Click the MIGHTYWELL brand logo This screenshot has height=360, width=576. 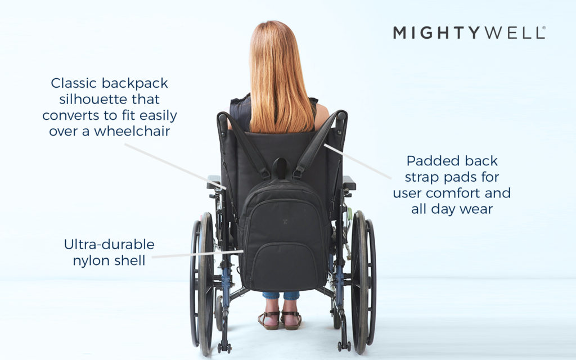tap(469, 33)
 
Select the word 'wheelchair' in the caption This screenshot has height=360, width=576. tap(132, 131)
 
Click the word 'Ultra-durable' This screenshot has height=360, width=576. tap(109, 244)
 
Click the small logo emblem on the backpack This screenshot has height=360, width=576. tap(285, 222)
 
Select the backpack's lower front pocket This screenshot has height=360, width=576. tap(283, 265)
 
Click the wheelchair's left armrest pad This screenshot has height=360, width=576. tap(213, 182)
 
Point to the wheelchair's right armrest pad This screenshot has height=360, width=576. tap(349, 183)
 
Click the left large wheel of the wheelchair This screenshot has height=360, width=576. tap(202, 283)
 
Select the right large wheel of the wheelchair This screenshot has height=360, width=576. tap(363, 283)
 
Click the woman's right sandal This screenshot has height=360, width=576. tap(292, 320)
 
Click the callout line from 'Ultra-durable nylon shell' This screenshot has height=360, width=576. tap(197, 254)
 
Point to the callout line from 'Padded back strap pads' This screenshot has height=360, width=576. tap(357, 161)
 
